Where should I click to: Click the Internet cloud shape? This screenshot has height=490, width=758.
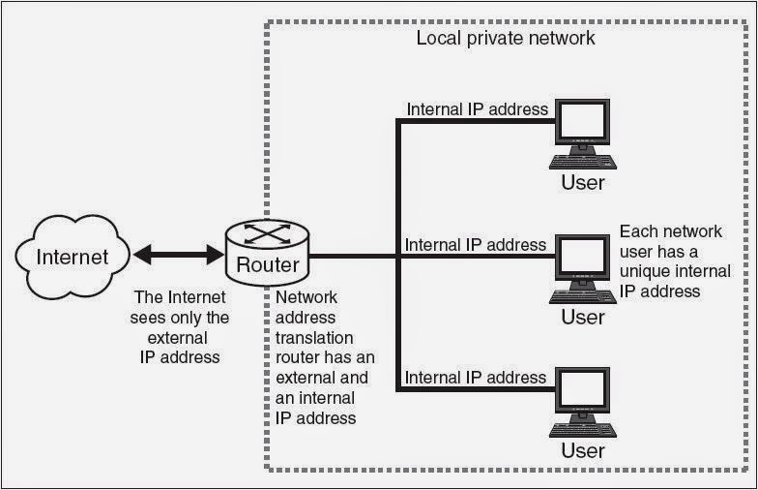[x=72, y=257]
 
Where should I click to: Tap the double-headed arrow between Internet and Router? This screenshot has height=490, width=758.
[x=179, y=256]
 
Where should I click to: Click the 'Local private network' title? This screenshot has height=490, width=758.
[x=506, y=39]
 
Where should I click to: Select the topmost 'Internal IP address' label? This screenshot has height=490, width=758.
[x=478, y=109]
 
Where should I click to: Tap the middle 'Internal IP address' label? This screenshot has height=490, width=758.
[x=477, y=244]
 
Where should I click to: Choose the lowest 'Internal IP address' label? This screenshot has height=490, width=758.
[x=478, y=378]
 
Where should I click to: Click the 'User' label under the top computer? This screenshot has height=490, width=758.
[x=583, y=182]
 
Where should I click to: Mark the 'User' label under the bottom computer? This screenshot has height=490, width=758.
[x=583, y=450]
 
